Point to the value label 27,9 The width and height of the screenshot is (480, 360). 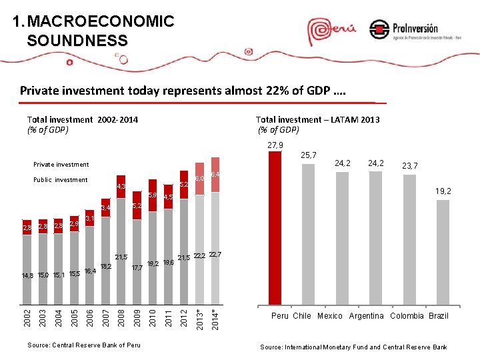275,145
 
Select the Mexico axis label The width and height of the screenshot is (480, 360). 330,315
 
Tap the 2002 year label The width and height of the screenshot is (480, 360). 26,316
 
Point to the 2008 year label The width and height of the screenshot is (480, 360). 121,316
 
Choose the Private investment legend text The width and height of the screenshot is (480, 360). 61,164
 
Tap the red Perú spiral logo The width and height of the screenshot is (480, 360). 327,30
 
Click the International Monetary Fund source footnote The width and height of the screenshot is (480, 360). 353,347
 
